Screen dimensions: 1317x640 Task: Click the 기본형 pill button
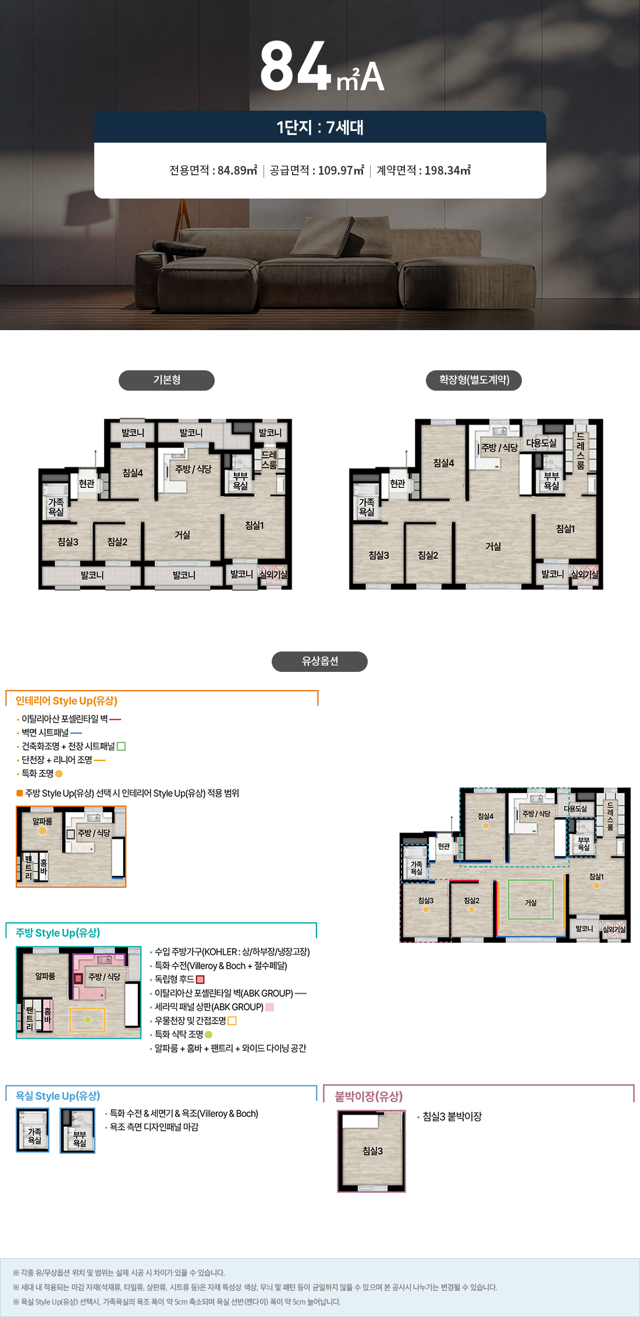[166, 380]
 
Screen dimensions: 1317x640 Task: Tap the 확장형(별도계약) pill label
[474, 380]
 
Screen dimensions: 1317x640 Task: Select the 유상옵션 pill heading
[319, 661]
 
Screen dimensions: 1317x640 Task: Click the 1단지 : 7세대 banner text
[320, 127]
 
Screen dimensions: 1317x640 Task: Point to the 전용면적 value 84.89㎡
[237, 171]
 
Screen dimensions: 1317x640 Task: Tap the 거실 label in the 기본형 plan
[182, 534]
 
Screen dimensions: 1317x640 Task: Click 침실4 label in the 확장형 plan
[443, 463]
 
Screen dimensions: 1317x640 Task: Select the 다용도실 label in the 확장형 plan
[541, 443]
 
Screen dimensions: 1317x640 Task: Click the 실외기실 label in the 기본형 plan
[273, 574]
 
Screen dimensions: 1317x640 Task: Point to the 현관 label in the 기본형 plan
[87, 483]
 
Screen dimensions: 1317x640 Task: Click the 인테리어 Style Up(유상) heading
[66, 701]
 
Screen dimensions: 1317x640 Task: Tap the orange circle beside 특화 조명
[59, 774]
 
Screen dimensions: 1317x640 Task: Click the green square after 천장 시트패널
[121, 746]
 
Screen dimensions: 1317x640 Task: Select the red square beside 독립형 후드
[200, 979]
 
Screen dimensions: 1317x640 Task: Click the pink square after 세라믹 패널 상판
[269, 1007]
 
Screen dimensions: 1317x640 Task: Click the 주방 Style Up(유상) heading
[58, 933]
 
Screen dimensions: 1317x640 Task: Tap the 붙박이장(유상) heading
[368, 1096]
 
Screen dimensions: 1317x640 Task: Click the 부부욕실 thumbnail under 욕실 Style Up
[78, 1131]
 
